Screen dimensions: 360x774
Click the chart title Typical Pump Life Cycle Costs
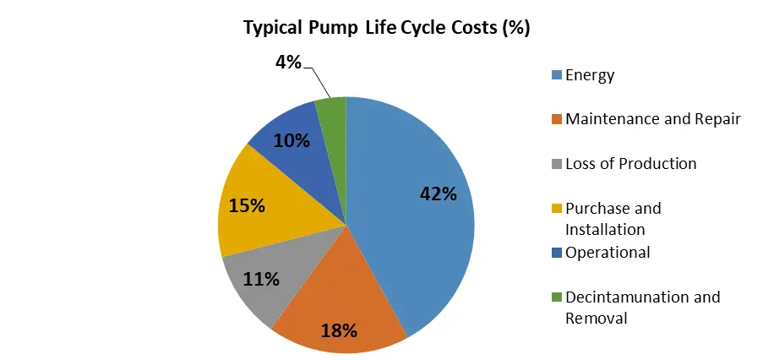click(x=386, y=27)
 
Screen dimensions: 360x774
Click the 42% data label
click(x=439, y=194)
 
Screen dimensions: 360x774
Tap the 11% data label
click(x=260, y=278)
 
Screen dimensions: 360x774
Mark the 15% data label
click(x=247, y=205)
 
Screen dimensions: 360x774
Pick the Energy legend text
click(x=590, y=75)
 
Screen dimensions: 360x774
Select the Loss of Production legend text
click(x=630, y=163)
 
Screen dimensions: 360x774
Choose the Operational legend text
click(x=608, y=252)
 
